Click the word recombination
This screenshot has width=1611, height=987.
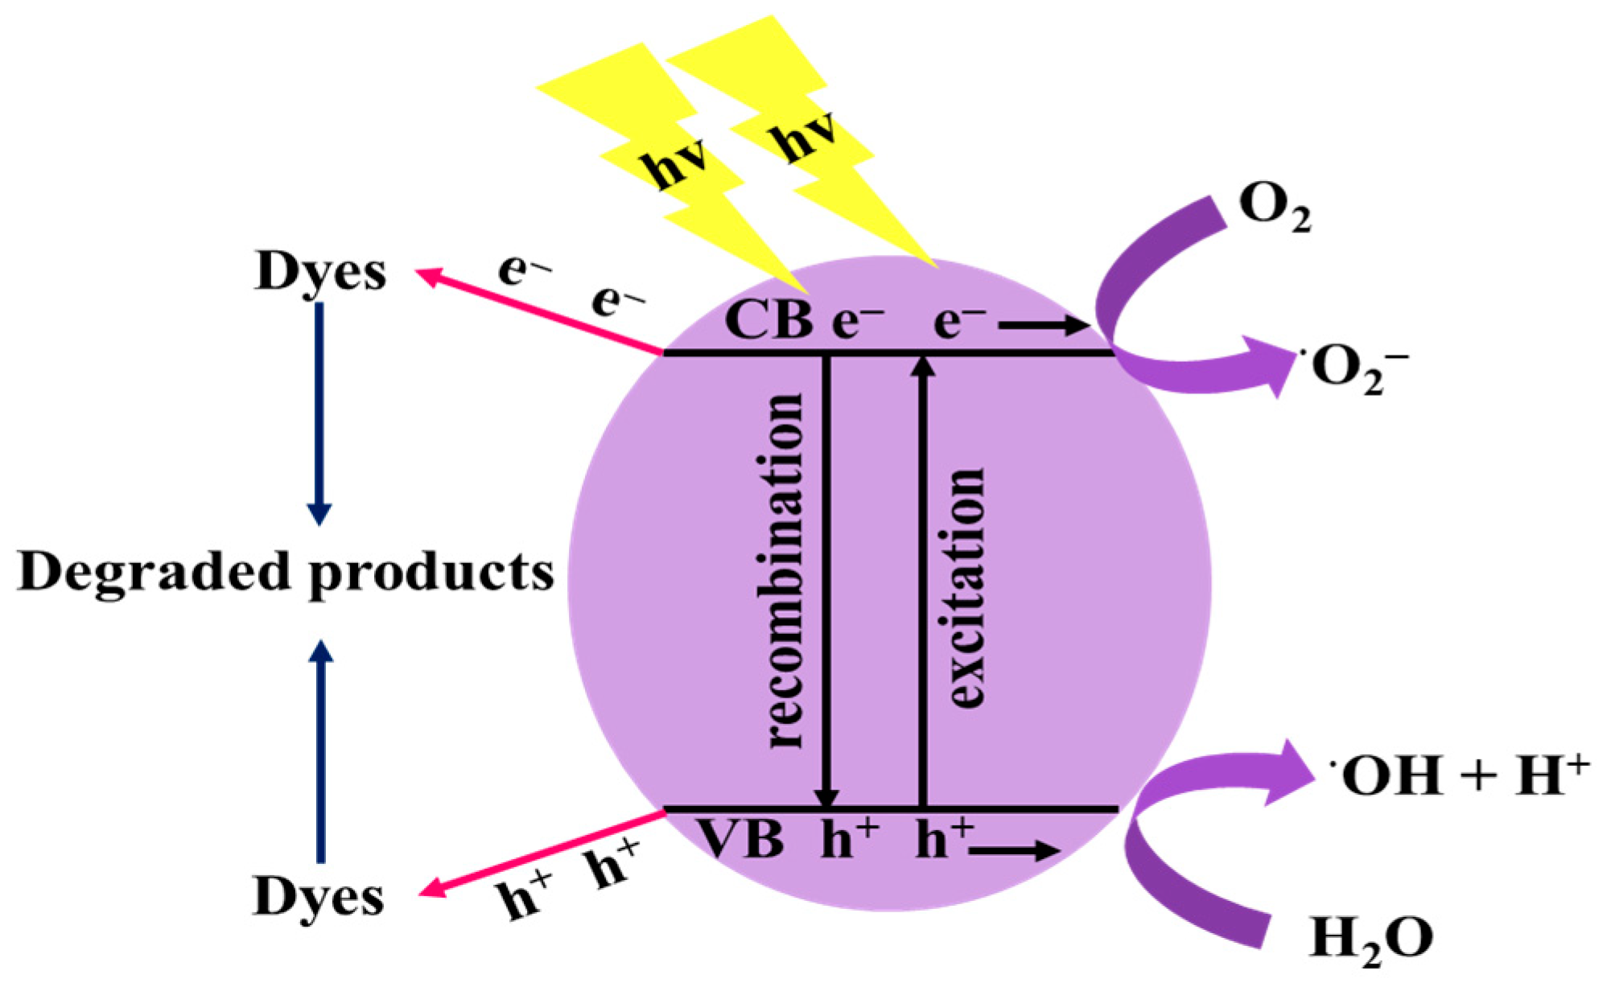coord(782,571)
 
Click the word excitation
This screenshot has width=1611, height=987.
coord(966,587)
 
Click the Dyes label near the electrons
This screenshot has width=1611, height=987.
coord(320,272)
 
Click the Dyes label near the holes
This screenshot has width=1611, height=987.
coord(319,896)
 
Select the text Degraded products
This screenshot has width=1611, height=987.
coord(286,573)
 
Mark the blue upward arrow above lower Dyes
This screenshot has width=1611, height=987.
coord(321,752)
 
